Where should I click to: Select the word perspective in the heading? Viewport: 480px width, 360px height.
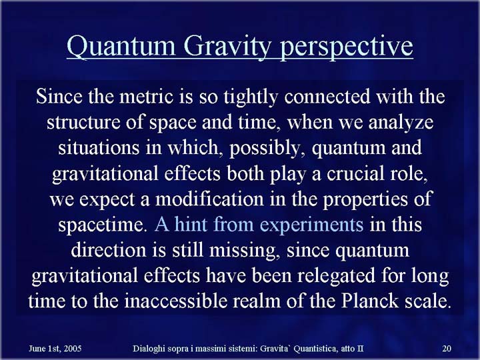point(347,47)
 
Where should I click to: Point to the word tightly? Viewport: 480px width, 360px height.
point(251,97)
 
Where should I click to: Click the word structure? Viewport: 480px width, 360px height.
point(83,123)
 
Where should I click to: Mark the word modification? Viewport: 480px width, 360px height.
point(209,199)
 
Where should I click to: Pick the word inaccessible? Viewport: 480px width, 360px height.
point(176,301)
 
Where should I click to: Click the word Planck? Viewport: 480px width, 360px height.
point(369,301)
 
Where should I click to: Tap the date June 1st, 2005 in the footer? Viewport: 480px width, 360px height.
point(55,349)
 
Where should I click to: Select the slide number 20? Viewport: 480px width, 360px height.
point(447,349)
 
